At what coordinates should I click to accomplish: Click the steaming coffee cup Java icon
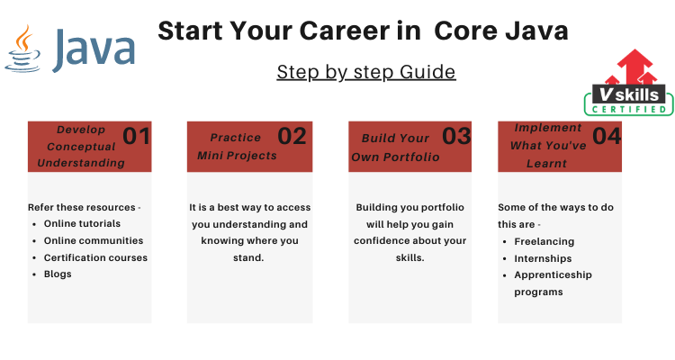(x=22, y=49)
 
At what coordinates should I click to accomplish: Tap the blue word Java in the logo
(x=94, y=50)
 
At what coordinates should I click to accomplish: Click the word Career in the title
(x=360, y=31)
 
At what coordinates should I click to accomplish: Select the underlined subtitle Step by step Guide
(x=366, y=72)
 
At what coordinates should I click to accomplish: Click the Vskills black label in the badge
(x=629, y=94)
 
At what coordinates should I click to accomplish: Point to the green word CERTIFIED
(x=629, y=110)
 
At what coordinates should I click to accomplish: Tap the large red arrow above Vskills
(x=634, y=66)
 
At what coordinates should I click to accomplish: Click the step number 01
(x=136, y=136)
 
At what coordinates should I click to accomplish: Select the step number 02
(x=292, y=136)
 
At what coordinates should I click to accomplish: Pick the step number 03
(x=456, y=136)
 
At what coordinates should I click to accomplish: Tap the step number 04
(x=607, y=136)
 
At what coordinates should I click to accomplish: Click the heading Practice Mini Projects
(x=237, y=147)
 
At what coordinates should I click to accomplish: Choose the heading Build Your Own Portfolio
(x=395, y=148)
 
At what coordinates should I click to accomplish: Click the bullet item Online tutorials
(x=82, y=223)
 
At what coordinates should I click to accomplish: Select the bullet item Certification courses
(x=95, y=257)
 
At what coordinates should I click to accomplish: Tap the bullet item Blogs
(x=58, y=274)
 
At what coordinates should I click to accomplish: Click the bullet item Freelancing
(x=544, y=241)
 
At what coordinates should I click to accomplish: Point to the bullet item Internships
(x=543, y=258)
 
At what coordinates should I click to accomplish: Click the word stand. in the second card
(x=248, y=257)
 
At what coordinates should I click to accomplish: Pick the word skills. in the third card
(x=409, y=257)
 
